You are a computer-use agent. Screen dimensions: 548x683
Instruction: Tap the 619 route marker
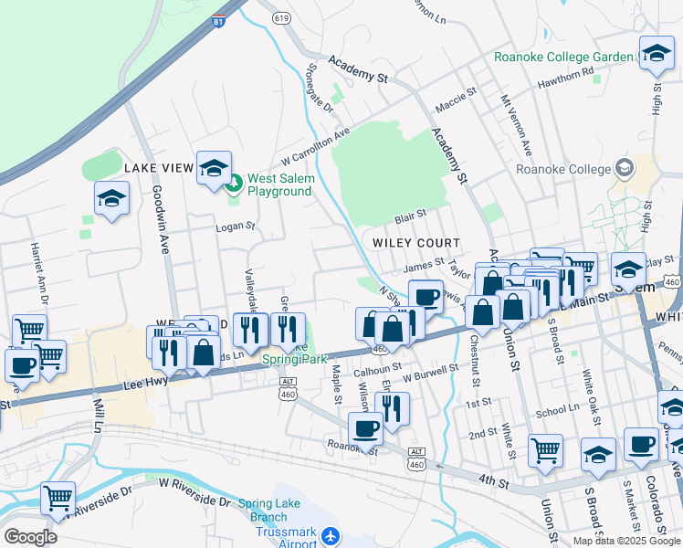[281, 17]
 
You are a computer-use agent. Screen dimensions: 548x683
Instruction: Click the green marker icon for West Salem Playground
[233, 184]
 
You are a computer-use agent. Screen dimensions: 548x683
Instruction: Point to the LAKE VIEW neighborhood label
[159, 168]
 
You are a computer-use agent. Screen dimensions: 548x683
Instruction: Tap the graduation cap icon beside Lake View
[214, 168]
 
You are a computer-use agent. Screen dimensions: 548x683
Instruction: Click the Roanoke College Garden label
[563, 57]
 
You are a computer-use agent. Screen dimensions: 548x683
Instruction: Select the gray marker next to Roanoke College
[625, 168]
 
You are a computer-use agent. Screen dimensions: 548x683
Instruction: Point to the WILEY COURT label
[415, 242]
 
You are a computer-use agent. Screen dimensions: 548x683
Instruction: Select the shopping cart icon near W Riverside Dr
[58, 499]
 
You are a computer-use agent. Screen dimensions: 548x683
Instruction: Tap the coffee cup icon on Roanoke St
[365, 427]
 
